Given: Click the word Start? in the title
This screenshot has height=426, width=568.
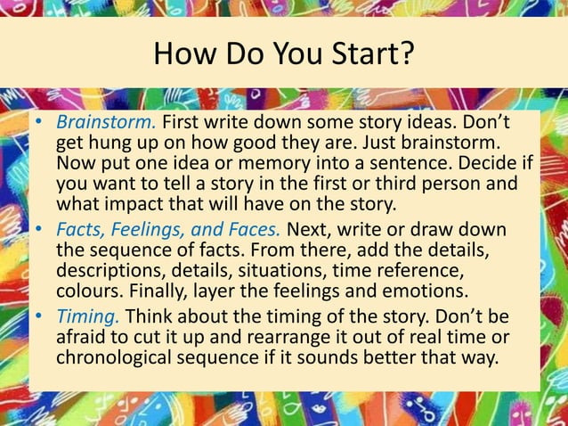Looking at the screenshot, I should [x=370, y=54].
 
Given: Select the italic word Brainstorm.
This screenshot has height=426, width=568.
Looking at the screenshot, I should [x=106, y=123].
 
